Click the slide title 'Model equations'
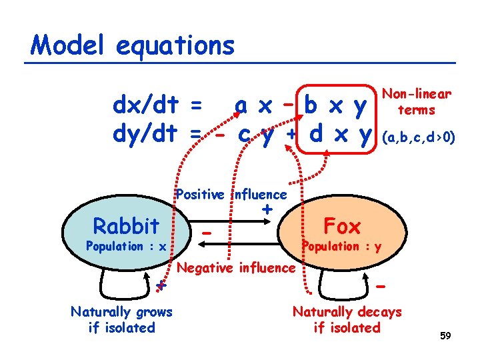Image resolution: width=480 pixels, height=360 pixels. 133,45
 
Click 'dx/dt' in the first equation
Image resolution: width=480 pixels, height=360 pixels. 146,105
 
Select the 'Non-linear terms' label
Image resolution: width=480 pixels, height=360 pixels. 417,102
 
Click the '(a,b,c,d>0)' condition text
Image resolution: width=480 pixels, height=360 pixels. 418,138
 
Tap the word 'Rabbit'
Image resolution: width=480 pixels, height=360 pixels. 127,226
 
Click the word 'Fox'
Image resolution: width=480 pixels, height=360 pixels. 342,225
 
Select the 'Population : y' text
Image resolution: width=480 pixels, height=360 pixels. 341,246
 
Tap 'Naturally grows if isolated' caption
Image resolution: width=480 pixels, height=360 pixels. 121,319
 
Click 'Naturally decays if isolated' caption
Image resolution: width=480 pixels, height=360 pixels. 347,319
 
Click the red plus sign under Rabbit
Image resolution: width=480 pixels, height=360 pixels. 160,287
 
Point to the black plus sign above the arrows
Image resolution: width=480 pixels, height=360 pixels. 267,209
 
